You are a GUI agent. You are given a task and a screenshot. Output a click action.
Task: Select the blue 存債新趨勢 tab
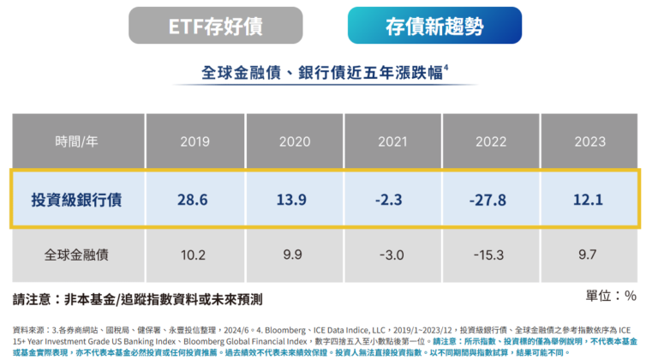pyautogui.click(x=434, y=25)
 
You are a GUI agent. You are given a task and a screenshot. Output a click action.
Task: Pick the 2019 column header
pyautogui.click(x=195, y=141)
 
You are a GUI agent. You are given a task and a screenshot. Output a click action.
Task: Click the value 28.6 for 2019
pyautogui.click(x=195, y=199)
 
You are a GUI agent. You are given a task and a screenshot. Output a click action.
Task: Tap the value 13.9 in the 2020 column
pyautogui.click(x=293, y=199)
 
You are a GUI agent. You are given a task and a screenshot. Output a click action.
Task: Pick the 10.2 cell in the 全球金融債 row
pyautogui.click(x=195, y=255)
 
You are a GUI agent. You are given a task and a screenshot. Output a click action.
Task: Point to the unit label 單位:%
pyautogui.click(x=612, y=296)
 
